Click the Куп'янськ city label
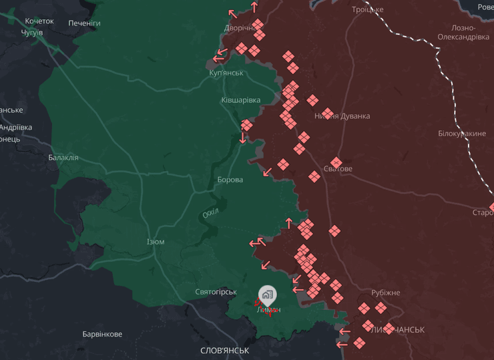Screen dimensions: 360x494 [226, 72]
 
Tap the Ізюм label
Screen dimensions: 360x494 [155, 242]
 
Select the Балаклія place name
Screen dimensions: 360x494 [63, 158]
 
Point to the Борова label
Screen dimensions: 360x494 [230, 180]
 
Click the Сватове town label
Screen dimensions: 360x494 [338, 169]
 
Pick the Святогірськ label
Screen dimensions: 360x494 [216, 292]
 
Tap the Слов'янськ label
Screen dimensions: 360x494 [225, 350]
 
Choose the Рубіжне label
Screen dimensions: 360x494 [386, 293]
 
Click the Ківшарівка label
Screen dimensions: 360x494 [240, 100]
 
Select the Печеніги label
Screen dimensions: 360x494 [84, 23]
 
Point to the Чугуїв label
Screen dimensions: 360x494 [31, 32]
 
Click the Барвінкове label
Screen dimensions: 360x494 [102, 334]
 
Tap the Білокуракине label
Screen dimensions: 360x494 [462, 134]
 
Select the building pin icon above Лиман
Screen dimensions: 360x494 [267, 295]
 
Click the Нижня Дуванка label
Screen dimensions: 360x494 [342, 116]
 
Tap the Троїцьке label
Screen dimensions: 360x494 [368, 9]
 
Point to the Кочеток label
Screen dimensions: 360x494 [39, 21]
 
